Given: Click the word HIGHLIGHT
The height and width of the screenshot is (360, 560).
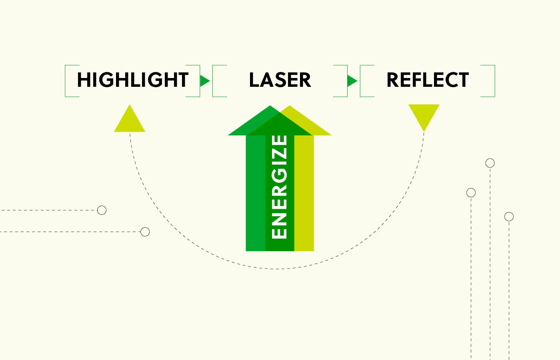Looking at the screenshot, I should point(132,80).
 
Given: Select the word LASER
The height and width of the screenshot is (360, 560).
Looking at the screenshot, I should point(280,80).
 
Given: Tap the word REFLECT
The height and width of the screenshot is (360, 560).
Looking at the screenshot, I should point(427,80).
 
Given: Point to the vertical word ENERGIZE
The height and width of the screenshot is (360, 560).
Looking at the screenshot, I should point(279,187).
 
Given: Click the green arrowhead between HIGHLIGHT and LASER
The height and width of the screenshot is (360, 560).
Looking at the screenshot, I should point(204,81).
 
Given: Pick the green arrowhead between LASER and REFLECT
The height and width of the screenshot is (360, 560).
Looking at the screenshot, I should point(352,81).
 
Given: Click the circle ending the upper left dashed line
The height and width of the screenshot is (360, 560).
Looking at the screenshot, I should point(102,210).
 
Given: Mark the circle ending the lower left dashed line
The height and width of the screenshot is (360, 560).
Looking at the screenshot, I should point(145,232).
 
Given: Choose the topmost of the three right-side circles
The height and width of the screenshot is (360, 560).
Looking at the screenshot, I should point(490,163).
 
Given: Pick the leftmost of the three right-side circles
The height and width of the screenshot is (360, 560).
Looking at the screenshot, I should point(471,193).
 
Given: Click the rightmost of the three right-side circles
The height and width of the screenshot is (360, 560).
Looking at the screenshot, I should point(509,216).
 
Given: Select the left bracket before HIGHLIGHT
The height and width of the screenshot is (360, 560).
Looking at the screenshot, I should point(66,81).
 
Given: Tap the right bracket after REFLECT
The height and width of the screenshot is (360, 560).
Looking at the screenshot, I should point(494,81).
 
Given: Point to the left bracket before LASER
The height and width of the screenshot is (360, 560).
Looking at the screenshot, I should point(214,81).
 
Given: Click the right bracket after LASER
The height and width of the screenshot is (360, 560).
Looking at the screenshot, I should point(346,81).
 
